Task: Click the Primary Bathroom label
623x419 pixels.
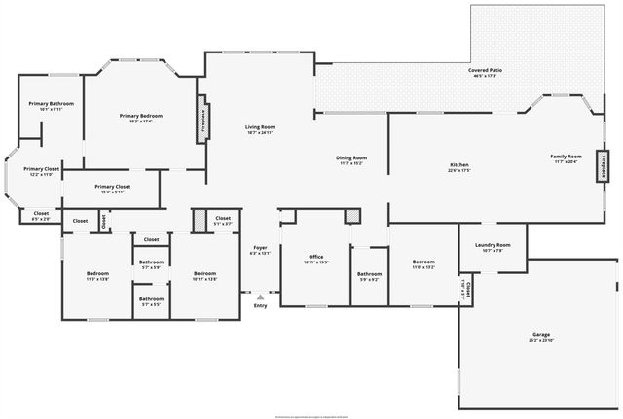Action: (x=52, y=105)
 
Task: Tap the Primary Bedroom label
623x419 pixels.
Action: (x=141, y=118)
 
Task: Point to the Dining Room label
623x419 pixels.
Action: (x=351, y=159)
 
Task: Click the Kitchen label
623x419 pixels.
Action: (x=459, y=166)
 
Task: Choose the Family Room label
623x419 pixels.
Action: (x=567, y=158)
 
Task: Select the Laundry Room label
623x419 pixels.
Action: (x=493, y=247)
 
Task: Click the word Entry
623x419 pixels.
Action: (x=260, y=306)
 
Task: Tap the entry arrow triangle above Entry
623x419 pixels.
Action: (x=260, y=297)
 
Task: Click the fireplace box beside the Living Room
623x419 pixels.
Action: (x=202, y=119)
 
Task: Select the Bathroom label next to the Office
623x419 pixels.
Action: (x=369, y=276)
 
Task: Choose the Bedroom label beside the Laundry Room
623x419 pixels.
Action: (x=422, y=263)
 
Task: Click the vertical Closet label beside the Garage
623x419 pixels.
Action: (x=465, y=290)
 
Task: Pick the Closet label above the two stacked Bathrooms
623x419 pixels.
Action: (x=151, y=239)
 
